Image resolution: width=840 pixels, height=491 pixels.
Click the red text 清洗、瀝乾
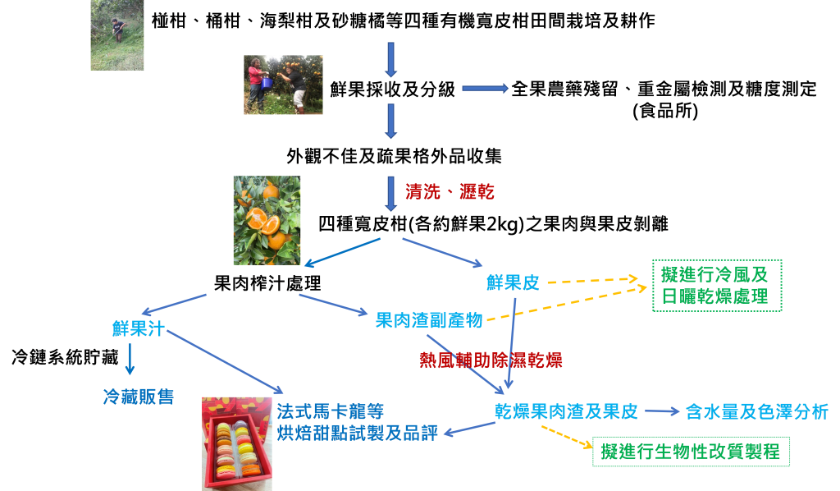(450, 192)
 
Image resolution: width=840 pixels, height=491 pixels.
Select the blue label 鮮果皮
(513, 283)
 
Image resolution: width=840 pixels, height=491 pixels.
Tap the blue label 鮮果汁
(139, 329)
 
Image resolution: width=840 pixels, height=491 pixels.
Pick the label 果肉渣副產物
(429, 320)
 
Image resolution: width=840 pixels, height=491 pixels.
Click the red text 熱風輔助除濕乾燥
(491, 360)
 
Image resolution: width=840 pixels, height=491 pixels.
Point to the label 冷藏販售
(138, 397)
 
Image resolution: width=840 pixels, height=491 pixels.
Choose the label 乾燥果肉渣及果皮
(566, 411)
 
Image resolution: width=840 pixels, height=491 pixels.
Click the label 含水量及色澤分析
(756, 411)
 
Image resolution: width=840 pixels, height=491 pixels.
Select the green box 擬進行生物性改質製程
(691, 451)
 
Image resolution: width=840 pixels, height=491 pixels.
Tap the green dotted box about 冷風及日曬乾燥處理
(716, 285)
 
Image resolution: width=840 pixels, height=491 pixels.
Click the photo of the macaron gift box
(237, 443)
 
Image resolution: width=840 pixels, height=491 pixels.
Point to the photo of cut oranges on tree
(267, 220)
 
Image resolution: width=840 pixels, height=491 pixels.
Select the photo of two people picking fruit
(283, 85)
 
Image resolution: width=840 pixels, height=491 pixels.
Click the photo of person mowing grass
(117, 35)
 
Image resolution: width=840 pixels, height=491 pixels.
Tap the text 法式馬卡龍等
(330, 411)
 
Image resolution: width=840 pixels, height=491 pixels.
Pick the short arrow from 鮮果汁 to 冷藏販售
(130, 360)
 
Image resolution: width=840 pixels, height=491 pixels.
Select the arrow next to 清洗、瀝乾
(391, 191)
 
